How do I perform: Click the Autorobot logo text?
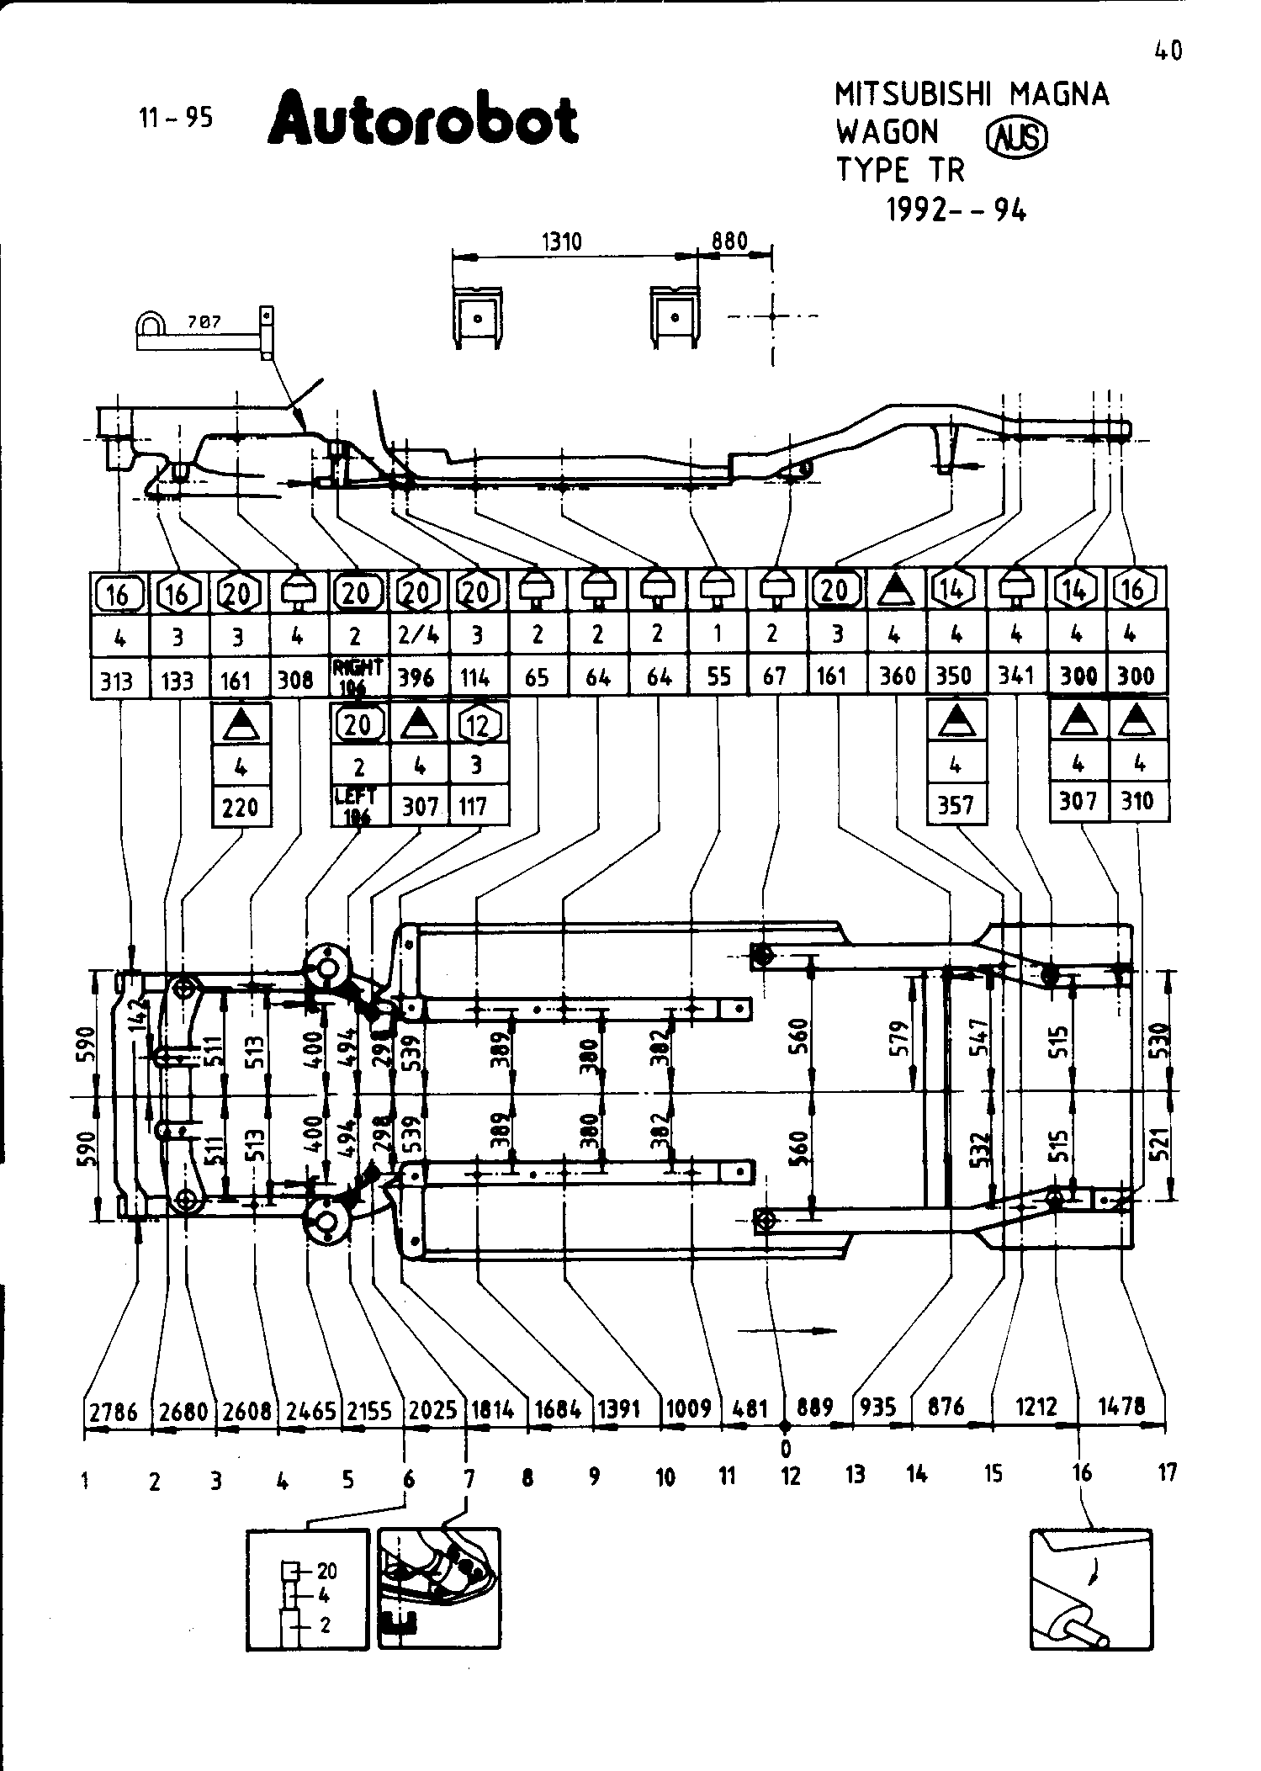tap(423, 120)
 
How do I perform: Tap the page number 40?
tap(1168, 52)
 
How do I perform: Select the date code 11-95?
tap(176, 118)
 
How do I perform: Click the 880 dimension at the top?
tap(729, 241)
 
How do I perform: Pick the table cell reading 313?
tap(118, 679)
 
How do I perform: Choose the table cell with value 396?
tap(416, 677)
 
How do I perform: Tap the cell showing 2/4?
tap(416, 635)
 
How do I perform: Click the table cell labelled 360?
tap(897, 676)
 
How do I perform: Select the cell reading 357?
tap(956, 805)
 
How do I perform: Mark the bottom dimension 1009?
tap(688, 1408)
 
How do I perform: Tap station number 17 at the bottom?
tap(1167, 1472)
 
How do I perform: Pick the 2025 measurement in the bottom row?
tap(432, 1410)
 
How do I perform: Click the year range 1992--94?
tap(956, 209)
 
